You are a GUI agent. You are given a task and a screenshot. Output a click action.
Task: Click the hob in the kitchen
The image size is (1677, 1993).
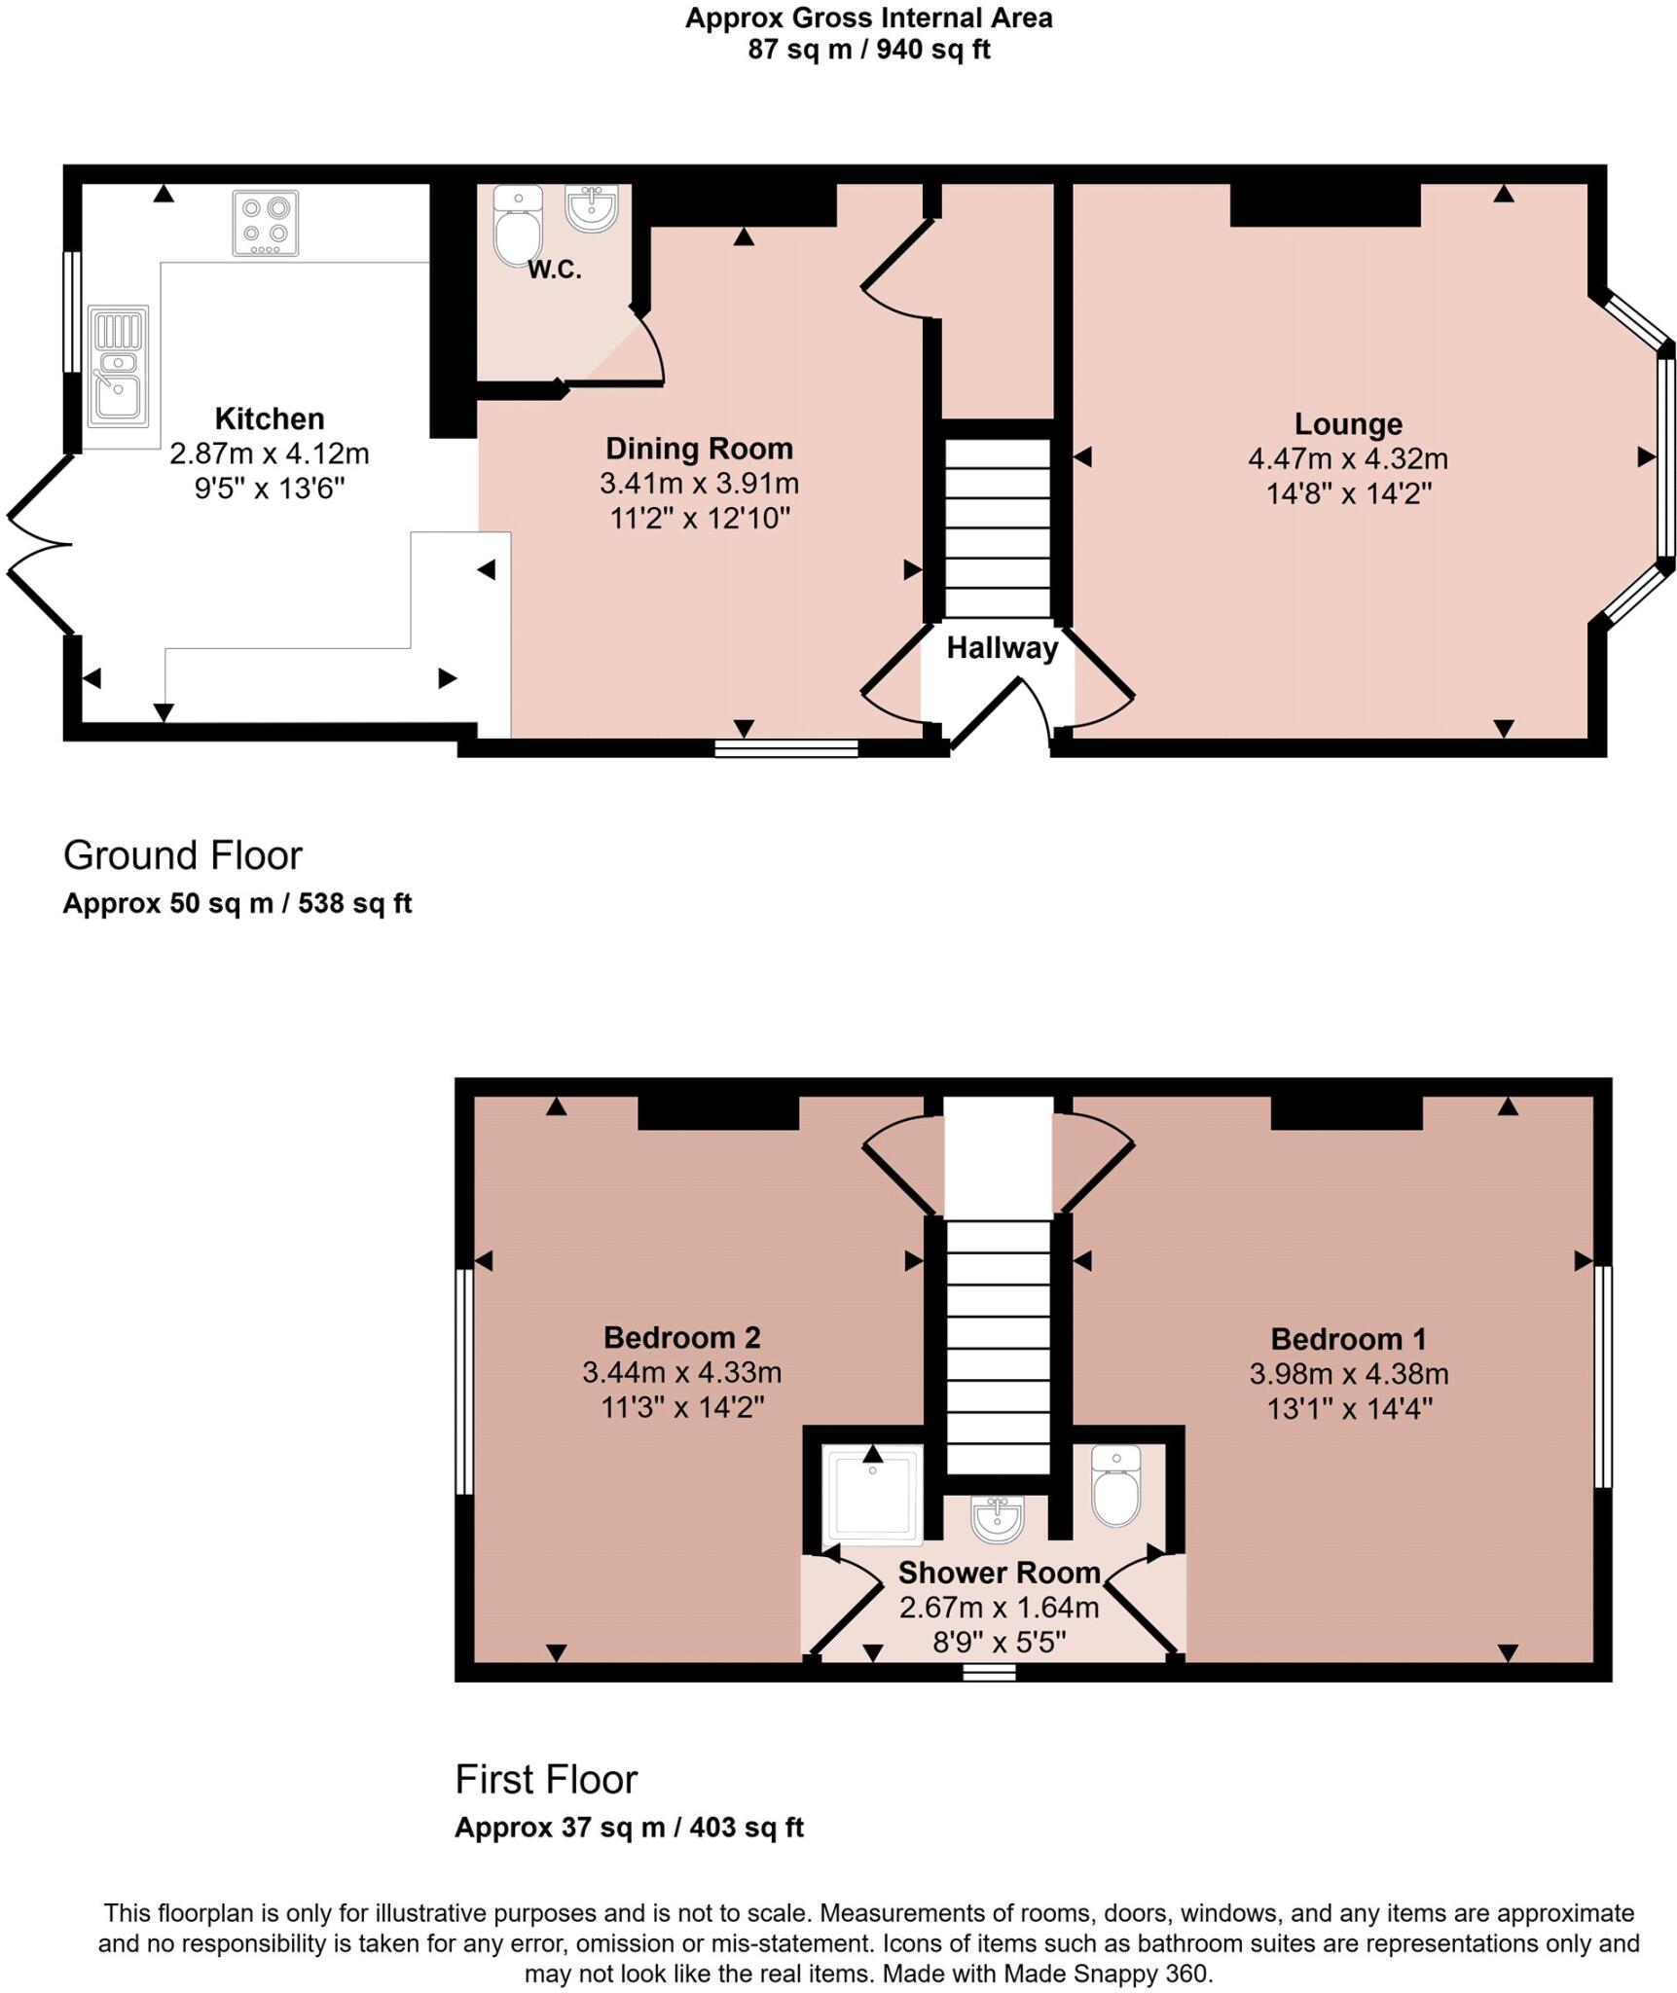click(265, 223)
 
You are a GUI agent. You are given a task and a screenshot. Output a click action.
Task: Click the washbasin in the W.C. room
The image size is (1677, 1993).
click(591, 208)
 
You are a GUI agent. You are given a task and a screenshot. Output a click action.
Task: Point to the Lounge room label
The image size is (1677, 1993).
click(1347, 424)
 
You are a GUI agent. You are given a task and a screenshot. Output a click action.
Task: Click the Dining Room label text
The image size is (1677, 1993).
click(699, 449)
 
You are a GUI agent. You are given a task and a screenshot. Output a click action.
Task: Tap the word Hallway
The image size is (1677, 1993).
click(1002, 648)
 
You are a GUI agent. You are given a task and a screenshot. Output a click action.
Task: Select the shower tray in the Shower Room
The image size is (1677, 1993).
click(872, 1495)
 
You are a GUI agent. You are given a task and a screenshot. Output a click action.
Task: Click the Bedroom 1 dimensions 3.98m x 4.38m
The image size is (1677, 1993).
click(1348, 1374)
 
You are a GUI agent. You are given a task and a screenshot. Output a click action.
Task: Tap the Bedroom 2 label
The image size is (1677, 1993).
click(681, 1337)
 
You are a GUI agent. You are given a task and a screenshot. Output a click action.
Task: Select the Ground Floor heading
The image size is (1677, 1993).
click(183, 855)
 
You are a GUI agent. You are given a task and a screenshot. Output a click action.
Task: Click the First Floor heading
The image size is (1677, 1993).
click(546, 1779)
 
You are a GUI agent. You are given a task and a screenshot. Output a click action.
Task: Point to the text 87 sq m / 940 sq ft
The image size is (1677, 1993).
click(868, 49)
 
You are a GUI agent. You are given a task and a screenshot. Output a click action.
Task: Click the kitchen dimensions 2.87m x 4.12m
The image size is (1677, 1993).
click(270, 453)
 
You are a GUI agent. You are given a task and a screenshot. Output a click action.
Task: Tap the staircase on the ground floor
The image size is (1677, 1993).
click(998, 527)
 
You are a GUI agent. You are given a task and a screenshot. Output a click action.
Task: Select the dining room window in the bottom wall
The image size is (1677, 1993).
click(785, 747)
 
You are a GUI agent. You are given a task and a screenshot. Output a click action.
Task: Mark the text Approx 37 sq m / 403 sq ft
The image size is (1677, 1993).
click(629, 1827)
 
